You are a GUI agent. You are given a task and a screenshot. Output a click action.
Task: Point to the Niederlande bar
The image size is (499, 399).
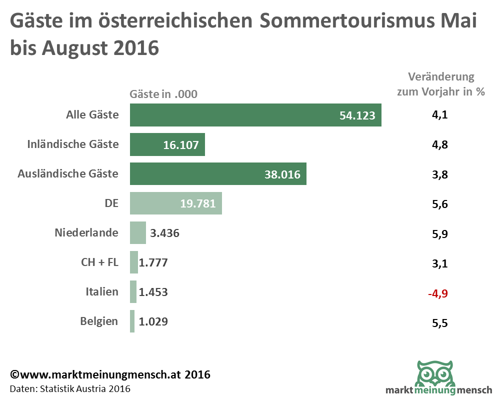138,232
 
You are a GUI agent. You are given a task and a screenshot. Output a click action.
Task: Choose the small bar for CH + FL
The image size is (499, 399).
134,262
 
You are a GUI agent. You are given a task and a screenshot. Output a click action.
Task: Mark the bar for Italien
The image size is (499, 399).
133,291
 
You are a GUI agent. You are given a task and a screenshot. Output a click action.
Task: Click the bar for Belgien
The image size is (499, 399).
132,321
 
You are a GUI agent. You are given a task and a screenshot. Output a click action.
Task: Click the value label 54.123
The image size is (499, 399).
360,115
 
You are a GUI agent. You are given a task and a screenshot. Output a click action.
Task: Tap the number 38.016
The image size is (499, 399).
282,174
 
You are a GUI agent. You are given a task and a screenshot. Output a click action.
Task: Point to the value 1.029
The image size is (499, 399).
152,321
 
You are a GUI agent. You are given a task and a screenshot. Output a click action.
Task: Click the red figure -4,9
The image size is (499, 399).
438,293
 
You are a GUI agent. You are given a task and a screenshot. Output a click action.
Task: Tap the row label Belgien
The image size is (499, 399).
99,321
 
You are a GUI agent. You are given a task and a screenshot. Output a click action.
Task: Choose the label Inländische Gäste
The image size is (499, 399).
72,144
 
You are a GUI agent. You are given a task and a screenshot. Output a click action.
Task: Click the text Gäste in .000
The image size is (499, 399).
163,94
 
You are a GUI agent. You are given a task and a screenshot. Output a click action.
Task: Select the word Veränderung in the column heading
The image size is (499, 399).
441,77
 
